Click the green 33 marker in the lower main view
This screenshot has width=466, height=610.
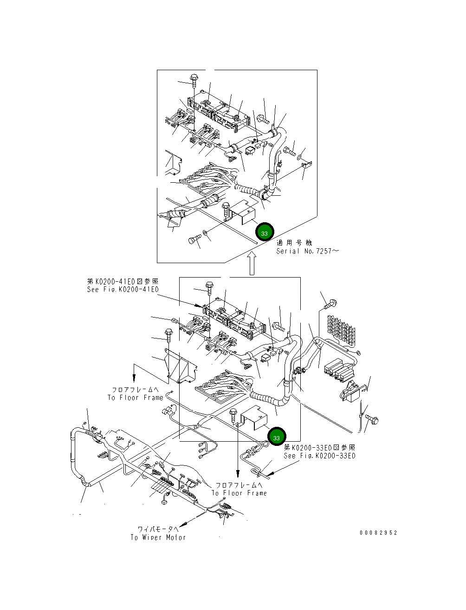tap(277, 438)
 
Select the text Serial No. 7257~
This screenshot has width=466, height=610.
tap(307, 251)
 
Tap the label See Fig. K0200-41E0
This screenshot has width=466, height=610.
tap(123, 289)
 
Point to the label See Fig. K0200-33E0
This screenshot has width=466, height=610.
tap(319, 456)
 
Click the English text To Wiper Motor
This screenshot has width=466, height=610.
tap(158, 537)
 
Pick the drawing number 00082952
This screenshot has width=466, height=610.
tap(378, 533)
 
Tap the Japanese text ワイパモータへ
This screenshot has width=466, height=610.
tap(158, 529)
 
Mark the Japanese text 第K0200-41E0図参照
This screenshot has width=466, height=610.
tap(123, 281)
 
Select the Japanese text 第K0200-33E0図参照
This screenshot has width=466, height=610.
tap(319, 447)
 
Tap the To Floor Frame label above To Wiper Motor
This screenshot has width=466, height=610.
tap(239, 493)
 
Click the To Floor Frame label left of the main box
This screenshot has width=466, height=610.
tap(136, 398)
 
